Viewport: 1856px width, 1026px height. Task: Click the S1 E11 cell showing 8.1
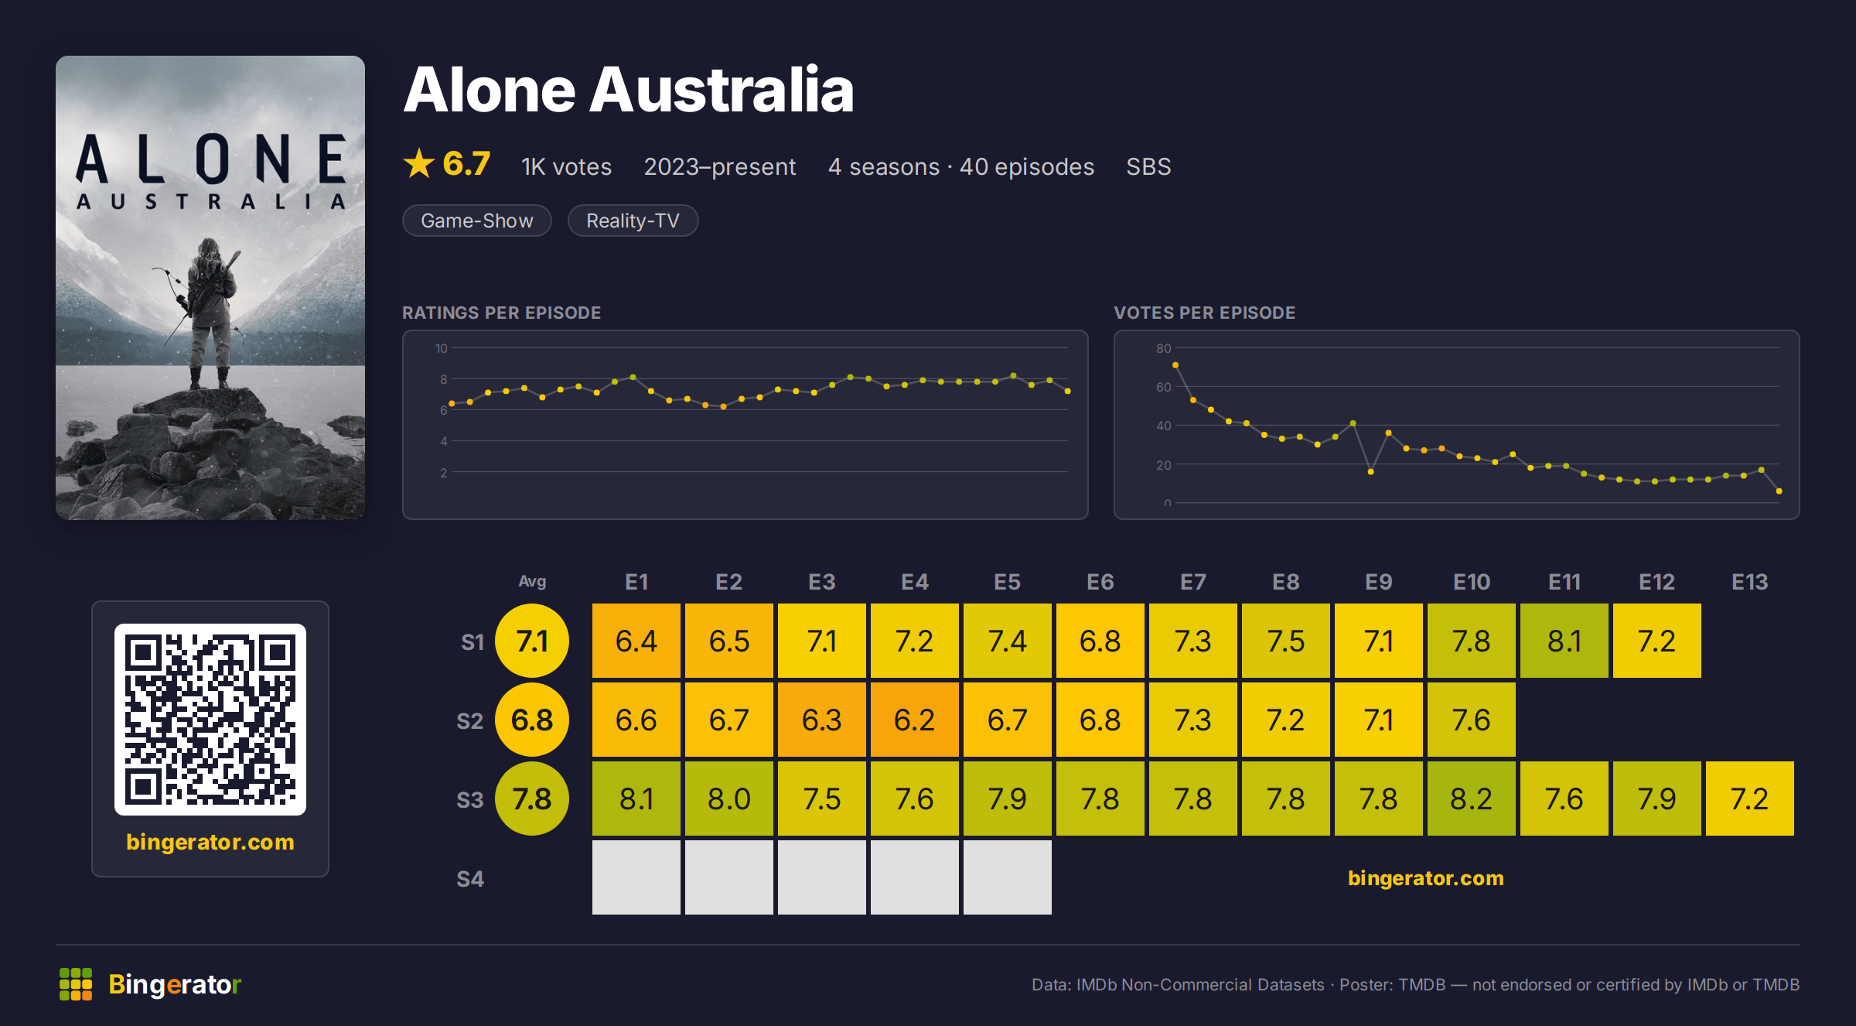pos(1564,641)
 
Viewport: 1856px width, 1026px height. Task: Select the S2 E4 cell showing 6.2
pos(914,720)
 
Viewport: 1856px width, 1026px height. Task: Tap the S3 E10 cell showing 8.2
pos(1471,799)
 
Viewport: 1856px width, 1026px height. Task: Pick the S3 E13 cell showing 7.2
pos(1749,799)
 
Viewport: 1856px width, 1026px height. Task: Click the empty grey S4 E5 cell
pos(1007,877)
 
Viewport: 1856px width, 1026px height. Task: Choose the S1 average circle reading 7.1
pos(532,641)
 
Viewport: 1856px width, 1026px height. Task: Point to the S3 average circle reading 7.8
pos(532,799)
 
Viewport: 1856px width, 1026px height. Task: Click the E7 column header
pos(1192,582)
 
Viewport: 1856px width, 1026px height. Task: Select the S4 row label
pos(470,879)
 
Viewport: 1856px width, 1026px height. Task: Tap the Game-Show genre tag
pos(477,221)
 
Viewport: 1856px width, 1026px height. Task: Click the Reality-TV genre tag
pos(633,221)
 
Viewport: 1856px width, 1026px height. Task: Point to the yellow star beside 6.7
pos(419,163)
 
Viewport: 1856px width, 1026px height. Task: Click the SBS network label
pos(1148,166)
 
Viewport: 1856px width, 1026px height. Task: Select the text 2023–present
pos(720,166)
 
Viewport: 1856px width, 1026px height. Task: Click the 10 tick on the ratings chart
pos(442,348)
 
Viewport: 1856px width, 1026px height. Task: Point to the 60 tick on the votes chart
pos(1163,387)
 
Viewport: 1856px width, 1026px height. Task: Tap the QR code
pos(210,720)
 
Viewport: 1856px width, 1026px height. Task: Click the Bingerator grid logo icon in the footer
pos(76,984)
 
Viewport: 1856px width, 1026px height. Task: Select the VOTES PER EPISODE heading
pos(1205,313)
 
